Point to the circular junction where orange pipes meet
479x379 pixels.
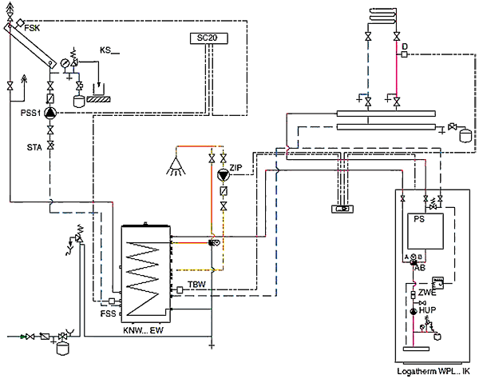pyautogui.click(x=213, y=237)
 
